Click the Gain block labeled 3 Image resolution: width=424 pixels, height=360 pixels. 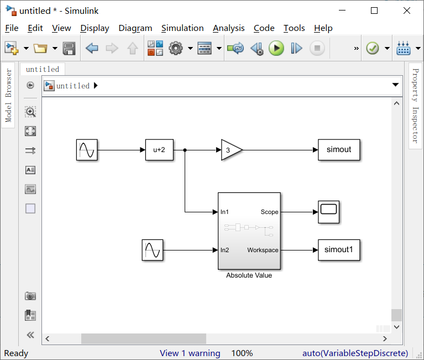(230, 150)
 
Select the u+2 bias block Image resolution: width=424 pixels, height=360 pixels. (159, 150)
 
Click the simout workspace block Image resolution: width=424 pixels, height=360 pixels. (339, 150)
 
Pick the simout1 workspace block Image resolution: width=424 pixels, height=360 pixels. (339, 250)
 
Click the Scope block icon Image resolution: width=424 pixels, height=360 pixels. (328, 212)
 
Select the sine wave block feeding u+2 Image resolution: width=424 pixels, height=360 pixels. (87, 150)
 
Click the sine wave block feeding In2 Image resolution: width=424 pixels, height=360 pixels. (152, 250)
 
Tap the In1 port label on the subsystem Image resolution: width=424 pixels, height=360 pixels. (225, 212)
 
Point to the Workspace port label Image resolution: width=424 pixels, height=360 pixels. (263, 250)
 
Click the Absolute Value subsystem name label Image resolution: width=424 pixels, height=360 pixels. (249, 275)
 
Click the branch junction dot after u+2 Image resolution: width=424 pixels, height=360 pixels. (185, 150)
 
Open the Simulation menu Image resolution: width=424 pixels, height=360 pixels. (182, 28)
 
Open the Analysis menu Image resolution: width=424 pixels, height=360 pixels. (228, 28)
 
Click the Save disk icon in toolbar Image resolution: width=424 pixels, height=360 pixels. (69, 49)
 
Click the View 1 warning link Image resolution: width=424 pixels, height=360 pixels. (190, 353)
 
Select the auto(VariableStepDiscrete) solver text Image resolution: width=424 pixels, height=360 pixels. (355, 353)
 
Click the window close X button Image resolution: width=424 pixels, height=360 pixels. (407, 11)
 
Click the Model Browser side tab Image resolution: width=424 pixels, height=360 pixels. (8, 96)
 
